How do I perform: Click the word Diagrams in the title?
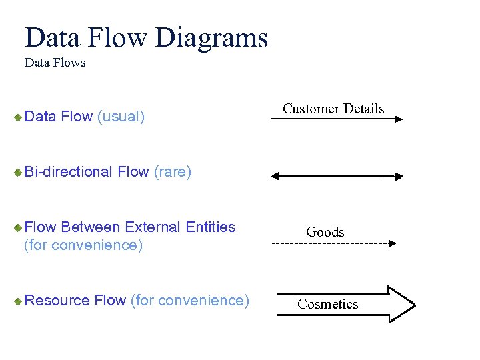(x=211, y=38)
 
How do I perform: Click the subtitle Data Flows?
(x=55, y=63)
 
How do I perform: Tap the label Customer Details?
(x=333, y=109)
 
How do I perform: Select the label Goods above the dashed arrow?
(x=325, y=232)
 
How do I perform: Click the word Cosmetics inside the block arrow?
(x=327, y=304)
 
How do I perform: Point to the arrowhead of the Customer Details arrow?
(x=398, y=119)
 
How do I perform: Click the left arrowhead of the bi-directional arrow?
(x=276, y=177)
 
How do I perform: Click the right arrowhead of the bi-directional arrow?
(x=398, y=177)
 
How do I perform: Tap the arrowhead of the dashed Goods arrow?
(x=392, y=244)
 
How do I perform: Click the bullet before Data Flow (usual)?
(x=18, y=117)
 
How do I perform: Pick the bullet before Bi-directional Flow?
(x=18, y=173)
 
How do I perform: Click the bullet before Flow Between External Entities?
(x=18, y=228)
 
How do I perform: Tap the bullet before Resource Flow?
(x=18, y=301)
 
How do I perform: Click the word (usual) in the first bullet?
(x=121, y=117)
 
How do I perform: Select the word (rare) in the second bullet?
(x=172, y=172)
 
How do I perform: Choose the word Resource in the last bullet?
(x=57, y=301)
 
